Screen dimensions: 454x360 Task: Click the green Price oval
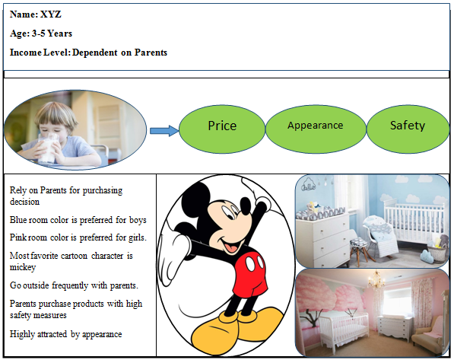(222, 129)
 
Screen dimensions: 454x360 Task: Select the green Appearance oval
(316, 129)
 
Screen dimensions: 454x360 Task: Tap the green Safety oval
(408, 129)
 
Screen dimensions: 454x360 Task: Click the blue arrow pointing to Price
(164, 131)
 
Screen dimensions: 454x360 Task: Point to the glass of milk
(47, 148)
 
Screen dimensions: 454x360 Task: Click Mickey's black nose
(245, 205)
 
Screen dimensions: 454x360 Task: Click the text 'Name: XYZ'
(35, 14)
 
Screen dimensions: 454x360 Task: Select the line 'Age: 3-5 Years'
(41, 33)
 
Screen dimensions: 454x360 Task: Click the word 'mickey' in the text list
(23, 267)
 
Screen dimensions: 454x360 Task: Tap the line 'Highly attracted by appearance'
(65, 334)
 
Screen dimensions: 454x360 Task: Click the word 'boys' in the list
(138, 220)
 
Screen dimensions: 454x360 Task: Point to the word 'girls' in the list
(138, 237)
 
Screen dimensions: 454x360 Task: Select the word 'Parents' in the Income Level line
(151, 53)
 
